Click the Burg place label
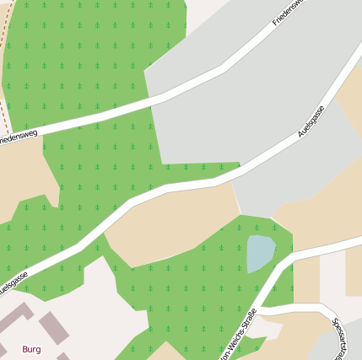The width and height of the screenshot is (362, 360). point(31,348)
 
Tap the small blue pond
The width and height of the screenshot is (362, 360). point(260,253)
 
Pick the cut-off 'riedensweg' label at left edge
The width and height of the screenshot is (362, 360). point(19,136)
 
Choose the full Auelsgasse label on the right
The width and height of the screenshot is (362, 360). point(311,123)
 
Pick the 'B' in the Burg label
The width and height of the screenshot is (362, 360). point(25,348)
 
